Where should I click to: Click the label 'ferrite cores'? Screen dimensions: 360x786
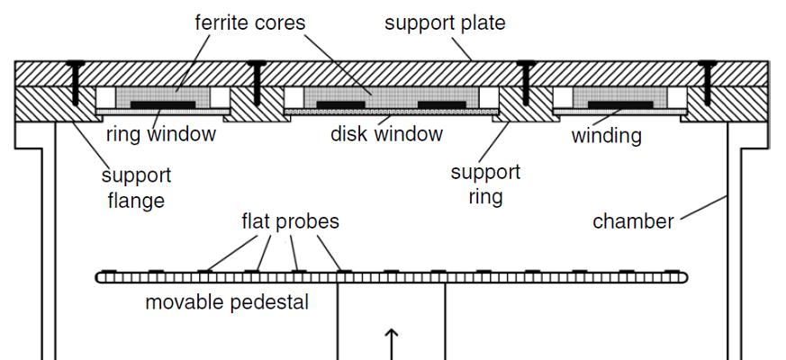[250, 22]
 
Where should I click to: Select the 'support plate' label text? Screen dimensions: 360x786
[445, 22]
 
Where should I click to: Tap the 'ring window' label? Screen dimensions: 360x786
[161, 135]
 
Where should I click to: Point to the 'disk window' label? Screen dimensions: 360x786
[386, 135]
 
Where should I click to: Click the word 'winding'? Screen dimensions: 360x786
[607, 136]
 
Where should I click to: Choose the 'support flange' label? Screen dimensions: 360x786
[136, 187]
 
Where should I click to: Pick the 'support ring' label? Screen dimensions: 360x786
[485, 183]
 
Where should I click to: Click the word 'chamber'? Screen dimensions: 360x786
[633, 221]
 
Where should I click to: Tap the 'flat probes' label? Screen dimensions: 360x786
[290, 220]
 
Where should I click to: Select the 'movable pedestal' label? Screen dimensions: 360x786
[227, 302]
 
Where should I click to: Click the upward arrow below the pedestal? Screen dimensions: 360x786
[392, 344]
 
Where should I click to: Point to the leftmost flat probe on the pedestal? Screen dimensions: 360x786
[109, 270]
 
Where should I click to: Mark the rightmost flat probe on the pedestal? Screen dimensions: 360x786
[670, 270]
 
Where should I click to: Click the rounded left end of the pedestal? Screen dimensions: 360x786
[100, 277]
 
